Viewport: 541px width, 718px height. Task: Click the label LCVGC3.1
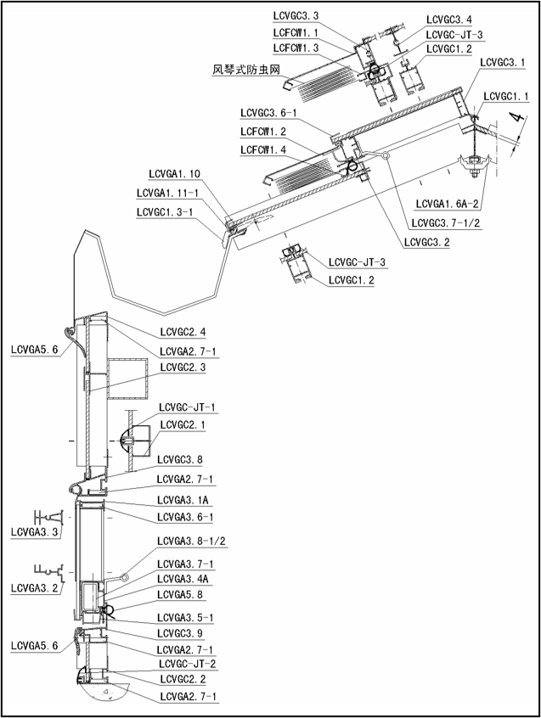tap(502, 62)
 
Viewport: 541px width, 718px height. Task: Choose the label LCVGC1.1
tap(508, 96)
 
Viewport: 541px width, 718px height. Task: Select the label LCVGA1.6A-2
tap(448, 204)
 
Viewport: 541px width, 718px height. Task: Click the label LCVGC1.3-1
tap(170, 211)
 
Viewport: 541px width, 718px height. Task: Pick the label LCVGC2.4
tap(182, 331)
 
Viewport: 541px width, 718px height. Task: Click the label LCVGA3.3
tap(35, 534)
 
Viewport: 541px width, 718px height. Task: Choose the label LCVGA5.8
tap(181, 594)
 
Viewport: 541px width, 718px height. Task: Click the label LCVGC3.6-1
tap(268, 113)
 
